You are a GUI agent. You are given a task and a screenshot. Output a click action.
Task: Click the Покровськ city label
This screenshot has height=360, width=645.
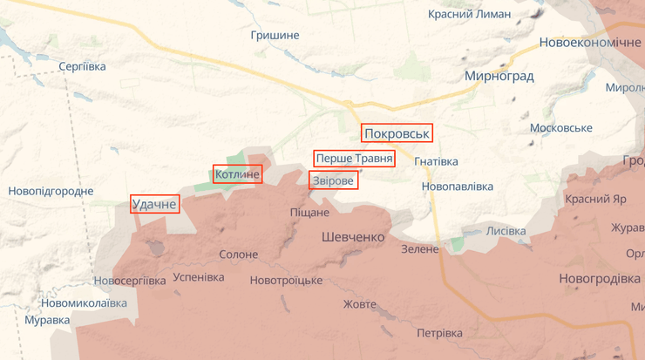pos(397,133)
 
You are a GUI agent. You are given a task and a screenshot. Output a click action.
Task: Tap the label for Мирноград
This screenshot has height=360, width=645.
pos(499,77)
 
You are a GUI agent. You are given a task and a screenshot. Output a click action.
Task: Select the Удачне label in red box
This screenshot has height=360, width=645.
pos(154,205)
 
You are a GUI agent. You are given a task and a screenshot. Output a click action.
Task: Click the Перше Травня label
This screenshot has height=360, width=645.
pos(354,159)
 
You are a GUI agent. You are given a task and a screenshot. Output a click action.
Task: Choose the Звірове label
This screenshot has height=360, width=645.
pos(333,180)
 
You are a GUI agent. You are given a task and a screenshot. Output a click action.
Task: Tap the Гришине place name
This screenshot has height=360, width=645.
pos(275,36)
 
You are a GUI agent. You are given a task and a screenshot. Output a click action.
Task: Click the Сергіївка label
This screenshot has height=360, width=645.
pos(82,66)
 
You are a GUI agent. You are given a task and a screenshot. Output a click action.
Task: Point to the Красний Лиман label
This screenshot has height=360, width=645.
pos(475,14)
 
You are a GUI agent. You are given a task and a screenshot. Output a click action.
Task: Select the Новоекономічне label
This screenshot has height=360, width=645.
pos(589,43)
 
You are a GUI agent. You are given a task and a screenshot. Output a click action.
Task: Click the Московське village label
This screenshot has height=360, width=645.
pos(560,128)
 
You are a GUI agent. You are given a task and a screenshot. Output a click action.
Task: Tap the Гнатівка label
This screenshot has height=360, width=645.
pos(436,161)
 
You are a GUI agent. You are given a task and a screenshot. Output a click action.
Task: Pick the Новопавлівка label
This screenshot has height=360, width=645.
pos(457,187)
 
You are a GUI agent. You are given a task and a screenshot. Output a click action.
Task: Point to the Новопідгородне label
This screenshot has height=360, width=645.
pos(51,191)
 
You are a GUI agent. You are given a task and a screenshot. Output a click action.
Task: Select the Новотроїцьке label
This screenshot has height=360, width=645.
pos(286,280)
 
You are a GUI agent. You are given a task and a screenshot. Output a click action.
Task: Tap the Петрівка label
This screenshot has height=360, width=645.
pos(439,333)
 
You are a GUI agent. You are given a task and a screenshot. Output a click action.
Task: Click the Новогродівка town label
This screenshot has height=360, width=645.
pos(600,279)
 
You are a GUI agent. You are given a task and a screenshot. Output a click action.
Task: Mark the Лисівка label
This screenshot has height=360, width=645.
pos(506,231)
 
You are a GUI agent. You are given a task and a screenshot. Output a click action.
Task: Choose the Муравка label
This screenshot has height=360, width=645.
pos(47,320)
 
